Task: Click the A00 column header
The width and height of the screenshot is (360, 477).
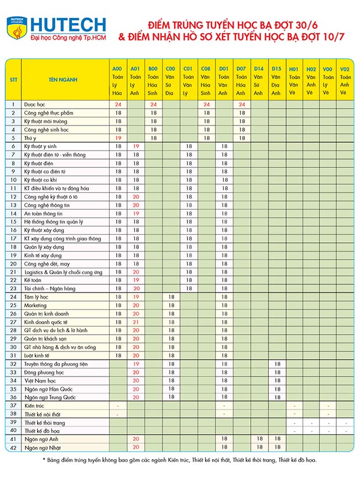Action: [118, 69]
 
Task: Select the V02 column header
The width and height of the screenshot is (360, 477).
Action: [345, 69]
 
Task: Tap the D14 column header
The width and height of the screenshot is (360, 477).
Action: [258, 69]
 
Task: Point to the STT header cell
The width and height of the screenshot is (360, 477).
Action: [13, 80]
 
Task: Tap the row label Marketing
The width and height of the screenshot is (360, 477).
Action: [35, 305]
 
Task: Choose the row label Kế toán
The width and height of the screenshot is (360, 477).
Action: [33, 280]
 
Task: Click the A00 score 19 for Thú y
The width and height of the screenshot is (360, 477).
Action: [118, 138]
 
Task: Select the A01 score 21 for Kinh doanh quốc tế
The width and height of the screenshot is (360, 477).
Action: [136, 322]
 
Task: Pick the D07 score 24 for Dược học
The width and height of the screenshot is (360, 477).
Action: [241, 105]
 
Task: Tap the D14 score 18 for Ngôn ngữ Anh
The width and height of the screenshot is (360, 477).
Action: [258, 439]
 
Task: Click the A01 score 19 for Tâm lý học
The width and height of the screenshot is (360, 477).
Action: [136, 297]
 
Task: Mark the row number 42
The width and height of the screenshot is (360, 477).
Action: [13, 447]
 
